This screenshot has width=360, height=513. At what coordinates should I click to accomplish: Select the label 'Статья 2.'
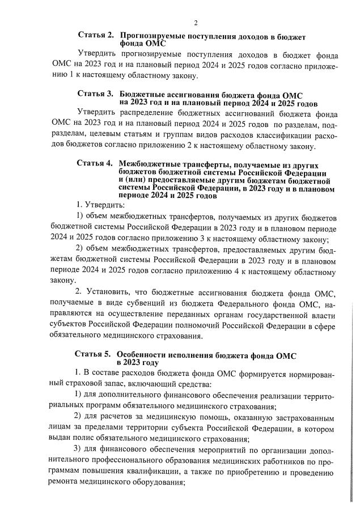96,36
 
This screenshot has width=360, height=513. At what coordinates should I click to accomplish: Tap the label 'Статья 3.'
96,92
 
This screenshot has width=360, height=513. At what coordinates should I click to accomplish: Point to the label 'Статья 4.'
94,163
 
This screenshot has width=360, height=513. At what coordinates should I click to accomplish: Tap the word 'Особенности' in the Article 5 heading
144,354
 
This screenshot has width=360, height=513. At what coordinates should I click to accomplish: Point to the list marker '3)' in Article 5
79,450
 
